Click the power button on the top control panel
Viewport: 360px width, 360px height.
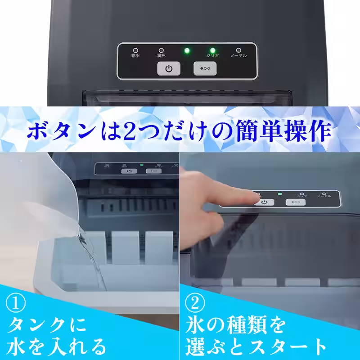[169, 69]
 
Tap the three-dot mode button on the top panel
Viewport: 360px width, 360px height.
[205, 69]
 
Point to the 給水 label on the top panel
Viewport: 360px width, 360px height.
[135, 56]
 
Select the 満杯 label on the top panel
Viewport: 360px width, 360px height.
[161, 56]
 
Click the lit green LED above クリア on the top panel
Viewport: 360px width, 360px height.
[212, 50]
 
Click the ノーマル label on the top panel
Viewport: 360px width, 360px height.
[238, 56]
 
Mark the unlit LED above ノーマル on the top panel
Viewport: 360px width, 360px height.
[238, 50]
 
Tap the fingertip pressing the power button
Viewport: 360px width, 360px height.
[254, 198]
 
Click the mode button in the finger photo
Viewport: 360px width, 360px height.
[296, 202]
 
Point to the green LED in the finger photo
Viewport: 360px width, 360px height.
[279, 194]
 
